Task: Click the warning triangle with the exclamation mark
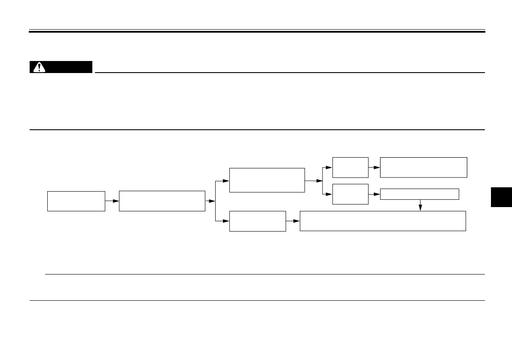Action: pyautogui.click(x=40, y=67)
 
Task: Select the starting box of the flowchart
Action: pyautogui.click(x=76, y=201)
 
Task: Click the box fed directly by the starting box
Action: pyautogui.click(x=162, y=201)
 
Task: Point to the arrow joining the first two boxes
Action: pyautogui.click(x=112, y=201)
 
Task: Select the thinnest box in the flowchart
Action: pyautogui.click(x=420, y=194)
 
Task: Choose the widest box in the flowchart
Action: pyautogui.click(x=382, y=221)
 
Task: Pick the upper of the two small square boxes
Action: pyautogui.click(x=350, y=168)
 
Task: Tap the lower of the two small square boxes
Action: pyautogui.click(x=350, y=194)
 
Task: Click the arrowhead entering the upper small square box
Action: pyautogui.click(x=329, y=168)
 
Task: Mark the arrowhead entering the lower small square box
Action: pyautogui.click(x=329, y=194)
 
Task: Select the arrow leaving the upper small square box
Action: pyautogui.click(x=374, y=168)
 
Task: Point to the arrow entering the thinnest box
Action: pyautogui.click(x=374, y=194)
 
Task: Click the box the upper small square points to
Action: pyautogui.click(x=424, y=168)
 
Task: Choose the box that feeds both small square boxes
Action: pyautogui.click(x=267, y=180)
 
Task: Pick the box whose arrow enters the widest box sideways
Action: pyautogui.click(x=257, y=221)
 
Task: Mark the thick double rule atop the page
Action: pyautogui.click(x=257, y=31)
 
